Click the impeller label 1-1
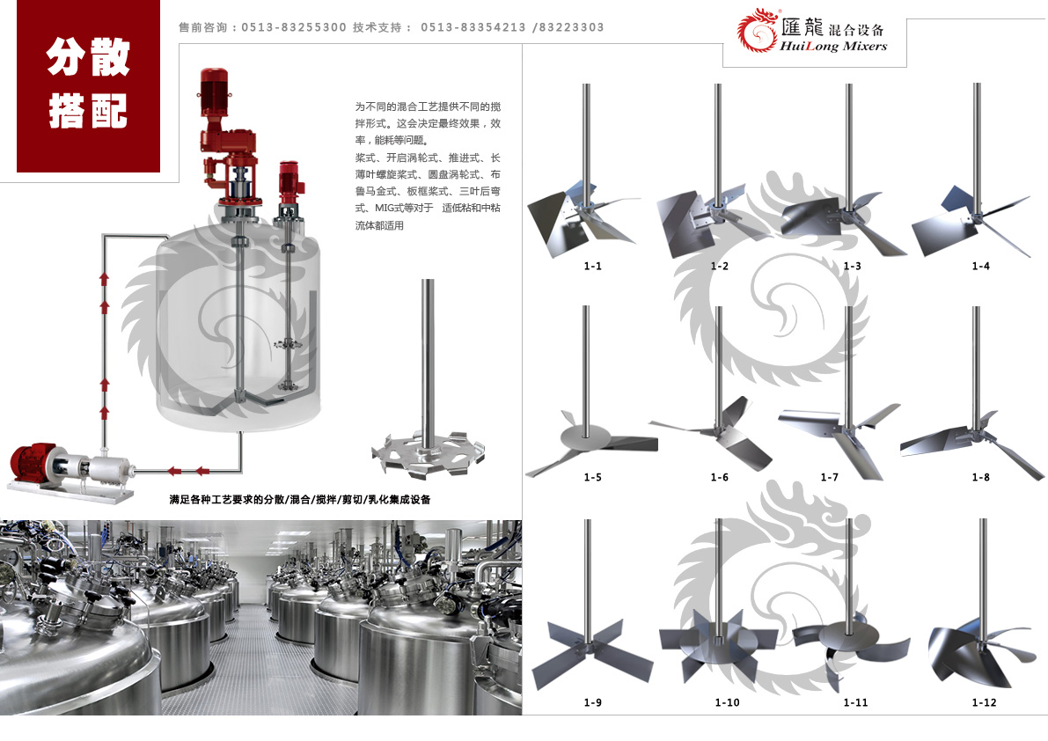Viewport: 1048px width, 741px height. [592, 266]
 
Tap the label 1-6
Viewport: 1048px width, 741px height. [719, 477]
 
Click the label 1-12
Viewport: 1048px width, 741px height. [984, 702]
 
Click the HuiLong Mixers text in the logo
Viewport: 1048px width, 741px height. [833, 47]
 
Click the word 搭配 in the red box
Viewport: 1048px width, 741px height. [88, 111]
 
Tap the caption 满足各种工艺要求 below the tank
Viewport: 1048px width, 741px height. [299, 499]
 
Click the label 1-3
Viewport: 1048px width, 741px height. [852, 266]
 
